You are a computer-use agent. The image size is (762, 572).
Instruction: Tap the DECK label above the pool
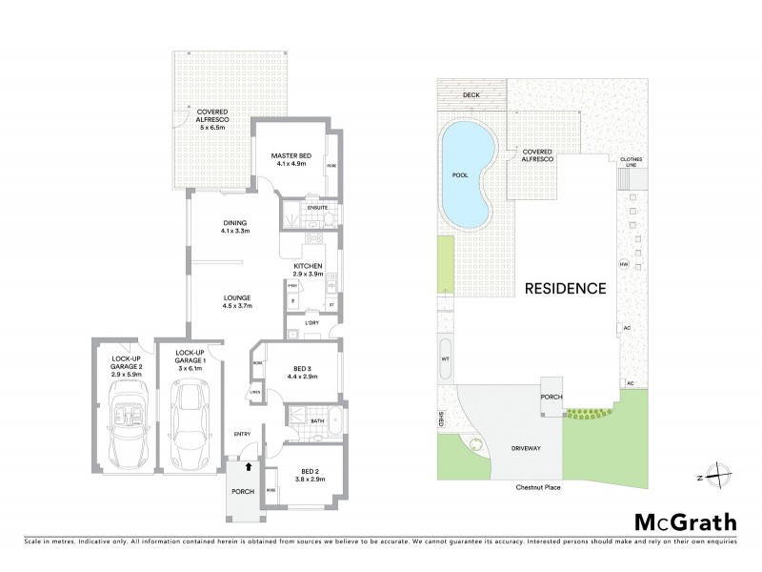pos(471,95)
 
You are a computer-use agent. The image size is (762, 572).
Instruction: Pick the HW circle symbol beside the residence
pos(625,264)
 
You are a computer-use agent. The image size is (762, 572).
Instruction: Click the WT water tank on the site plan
pos(445,358)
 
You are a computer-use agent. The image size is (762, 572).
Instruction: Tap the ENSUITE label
pos(316,207)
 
